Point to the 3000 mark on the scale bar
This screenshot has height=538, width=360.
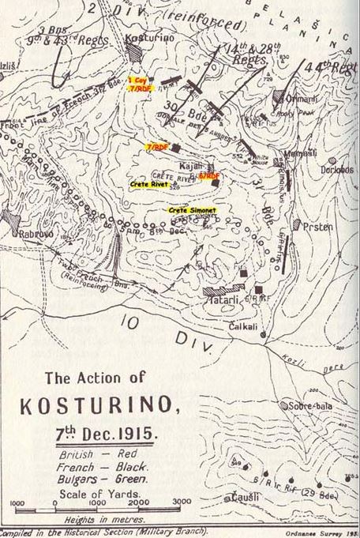181,501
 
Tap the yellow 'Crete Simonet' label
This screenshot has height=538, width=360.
193,209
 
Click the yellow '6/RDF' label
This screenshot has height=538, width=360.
209,175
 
